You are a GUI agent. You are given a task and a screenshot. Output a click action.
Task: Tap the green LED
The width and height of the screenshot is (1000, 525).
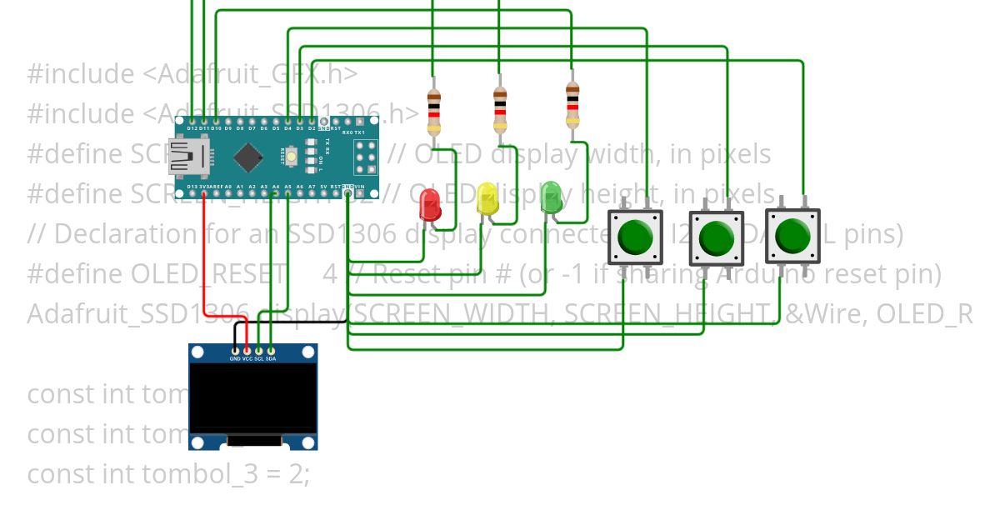[x=551, y=198]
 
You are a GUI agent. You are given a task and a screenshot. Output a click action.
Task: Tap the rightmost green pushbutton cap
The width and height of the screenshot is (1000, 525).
[x=792, y=236]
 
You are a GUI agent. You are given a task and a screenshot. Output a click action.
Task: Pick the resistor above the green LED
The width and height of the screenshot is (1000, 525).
[x=572, y=104]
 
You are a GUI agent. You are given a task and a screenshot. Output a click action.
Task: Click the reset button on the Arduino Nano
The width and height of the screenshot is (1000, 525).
[x=292, y=155]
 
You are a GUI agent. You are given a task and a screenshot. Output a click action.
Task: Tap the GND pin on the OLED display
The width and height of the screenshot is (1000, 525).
[x=236, y=351]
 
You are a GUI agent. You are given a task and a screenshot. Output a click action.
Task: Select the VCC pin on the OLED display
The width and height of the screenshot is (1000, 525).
[x=247, y=351]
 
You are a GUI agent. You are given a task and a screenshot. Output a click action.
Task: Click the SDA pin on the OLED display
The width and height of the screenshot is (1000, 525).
[x=271, y=351]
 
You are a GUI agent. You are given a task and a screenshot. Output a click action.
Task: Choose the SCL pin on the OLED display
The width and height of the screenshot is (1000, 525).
[x=259, y=351]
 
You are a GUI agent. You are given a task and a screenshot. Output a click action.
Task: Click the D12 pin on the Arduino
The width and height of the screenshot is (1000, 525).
[x=192, y=122]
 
